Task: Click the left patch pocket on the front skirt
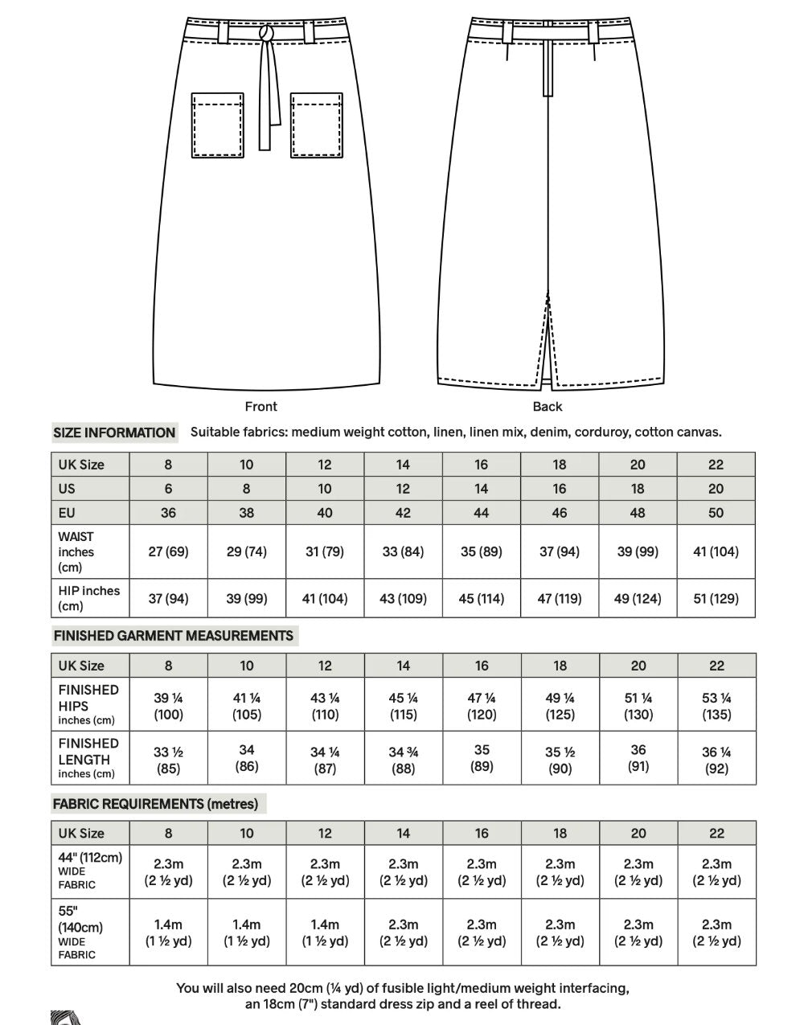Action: (x=217, y=125)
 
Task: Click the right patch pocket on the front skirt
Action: (x=317, y=125)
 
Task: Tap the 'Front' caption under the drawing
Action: (x=260, y=407)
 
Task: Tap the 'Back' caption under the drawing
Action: (x=548, y=407)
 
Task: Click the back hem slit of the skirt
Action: (x=549, y=338)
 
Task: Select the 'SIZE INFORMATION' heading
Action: (x=114, y=433)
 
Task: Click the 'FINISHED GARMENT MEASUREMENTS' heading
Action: (x=173, y=636)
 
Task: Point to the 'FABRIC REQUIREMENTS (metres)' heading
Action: (x=155, y=804)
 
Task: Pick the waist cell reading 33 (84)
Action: (x=403, y=551)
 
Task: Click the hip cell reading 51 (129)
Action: (x=716, y=598)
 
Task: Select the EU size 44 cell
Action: (x=481, y=513)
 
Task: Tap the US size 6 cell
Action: (x=168, y=489)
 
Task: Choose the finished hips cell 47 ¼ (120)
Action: (x=481, y=706)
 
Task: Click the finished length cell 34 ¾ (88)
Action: (x=403, y=761)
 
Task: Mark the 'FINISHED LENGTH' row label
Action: (x=88, y=758)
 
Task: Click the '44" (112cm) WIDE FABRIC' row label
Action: (x=89, y=871)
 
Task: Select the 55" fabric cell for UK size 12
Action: (x=325, y=933)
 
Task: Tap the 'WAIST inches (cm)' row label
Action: (x=76, y=551)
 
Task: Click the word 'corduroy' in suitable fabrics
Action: (x=601, y=433)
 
